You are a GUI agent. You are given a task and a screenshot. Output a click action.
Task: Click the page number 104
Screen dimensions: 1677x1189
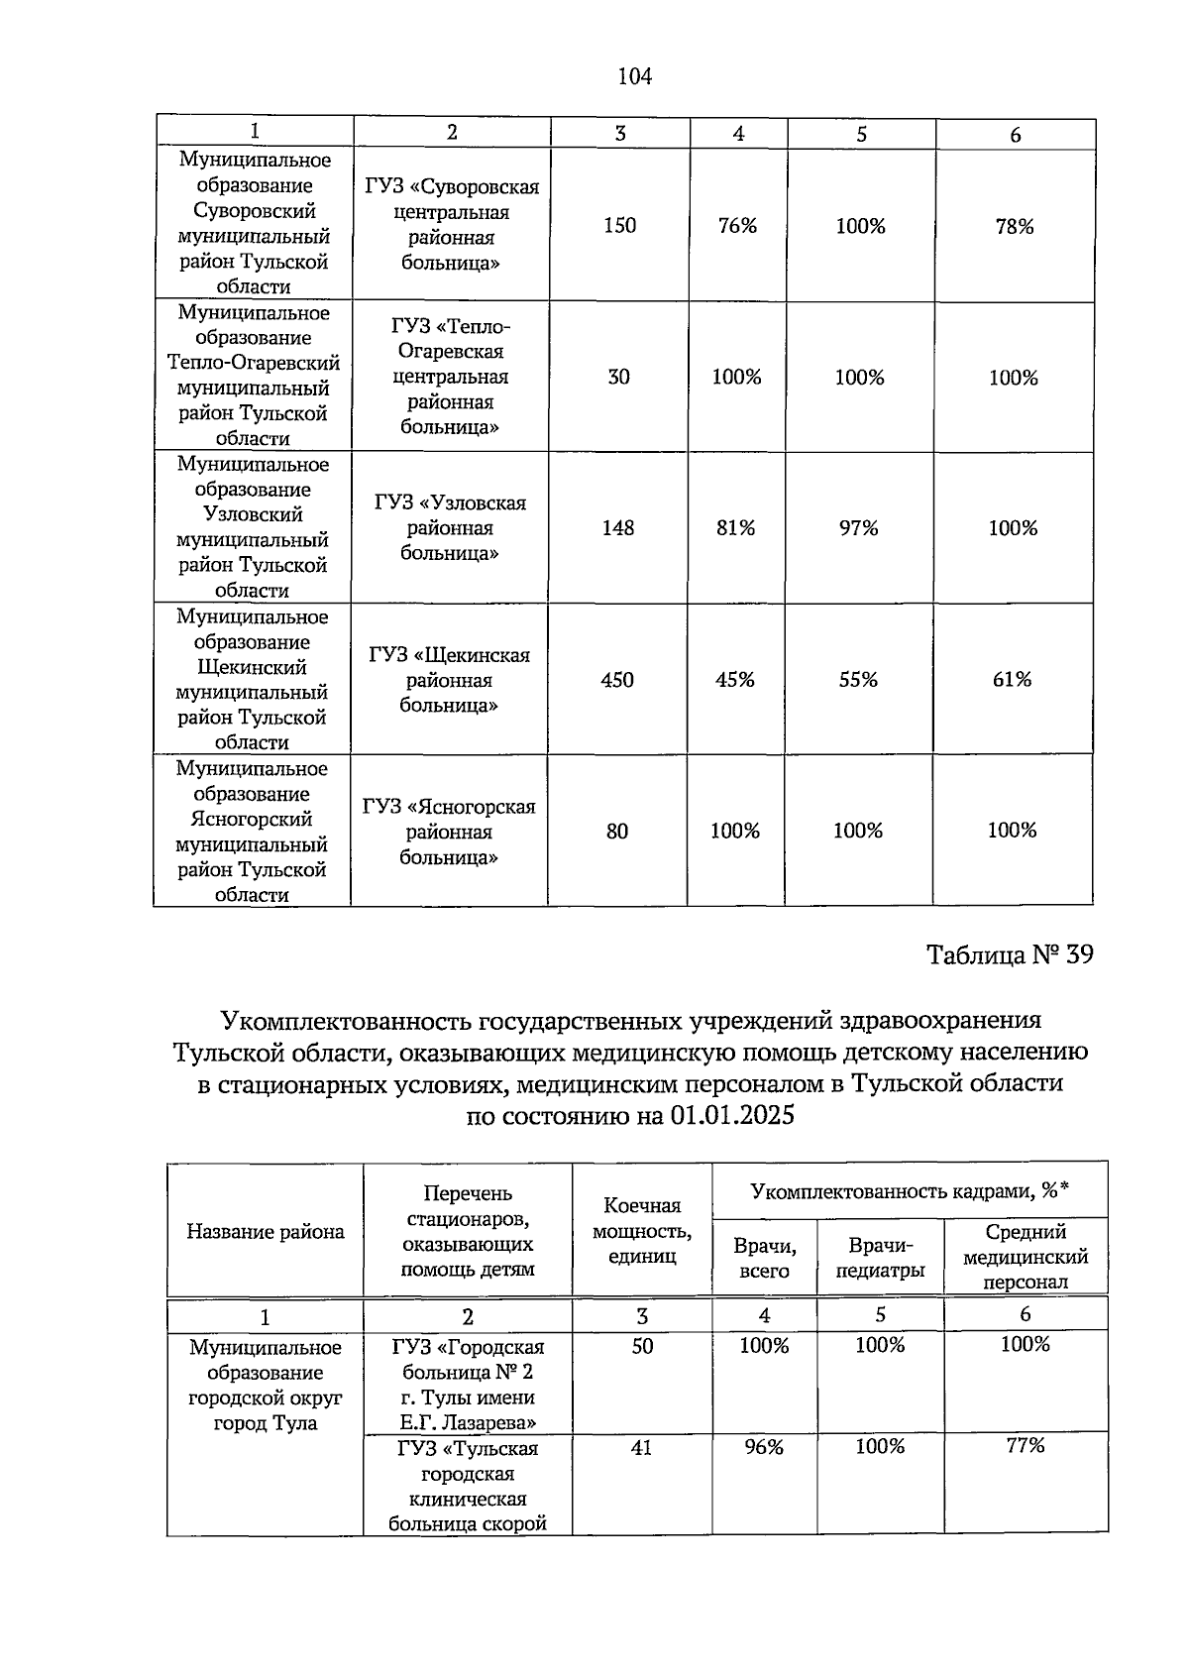(634, 76)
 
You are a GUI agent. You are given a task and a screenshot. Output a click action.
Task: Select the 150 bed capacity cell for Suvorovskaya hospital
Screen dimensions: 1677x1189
(619, 225)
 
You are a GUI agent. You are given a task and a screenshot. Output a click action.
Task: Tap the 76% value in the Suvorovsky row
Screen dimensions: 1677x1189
(737, 226)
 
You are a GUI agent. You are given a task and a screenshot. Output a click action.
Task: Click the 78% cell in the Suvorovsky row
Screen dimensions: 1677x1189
(1014, 227)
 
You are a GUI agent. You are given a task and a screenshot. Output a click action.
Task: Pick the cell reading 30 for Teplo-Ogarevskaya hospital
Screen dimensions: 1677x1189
(618, 377)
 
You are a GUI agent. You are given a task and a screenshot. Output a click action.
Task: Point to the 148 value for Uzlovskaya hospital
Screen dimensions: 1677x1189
(618, 528)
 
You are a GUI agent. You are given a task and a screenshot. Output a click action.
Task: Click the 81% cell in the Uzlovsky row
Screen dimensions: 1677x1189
(735, 528)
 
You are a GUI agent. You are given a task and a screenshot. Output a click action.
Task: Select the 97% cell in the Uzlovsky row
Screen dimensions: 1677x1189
(858, 528)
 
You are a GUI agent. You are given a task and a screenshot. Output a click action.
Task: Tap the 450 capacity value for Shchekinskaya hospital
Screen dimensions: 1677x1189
(617, 680)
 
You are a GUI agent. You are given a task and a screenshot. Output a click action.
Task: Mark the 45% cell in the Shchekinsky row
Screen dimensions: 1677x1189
(735, 680)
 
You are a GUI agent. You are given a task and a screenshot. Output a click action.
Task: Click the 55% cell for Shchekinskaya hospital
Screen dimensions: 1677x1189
(858, 680)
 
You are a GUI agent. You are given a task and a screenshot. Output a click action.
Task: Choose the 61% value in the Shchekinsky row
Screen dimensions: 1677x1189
(1012, 680)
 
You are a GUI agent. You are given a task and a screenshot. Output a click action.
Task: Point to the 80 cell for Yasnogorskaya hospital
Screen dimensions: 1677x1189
(617, 832)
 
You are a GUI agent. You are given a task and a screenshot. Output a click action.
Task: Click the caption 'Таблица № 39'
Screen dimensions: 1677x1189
(1010, 955)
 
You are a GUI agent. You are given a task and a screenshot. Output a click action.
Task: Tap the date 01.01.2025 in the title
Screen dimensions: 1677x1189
(732, 1116)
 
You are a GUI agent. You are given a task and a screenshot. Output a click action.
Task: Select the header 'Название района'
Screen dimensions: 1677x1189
(266, 1232)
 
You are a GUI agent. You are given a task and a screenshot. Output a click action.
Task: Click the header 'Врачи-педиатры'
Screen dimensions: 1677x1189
(880, 1258)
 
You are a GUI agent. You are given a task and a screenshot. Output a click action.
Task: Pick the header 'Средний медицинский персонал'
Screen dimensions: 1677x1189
(1025, 1257)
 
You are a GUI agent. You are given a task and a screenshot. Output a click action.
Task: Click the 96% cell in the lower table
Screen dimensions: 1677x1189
(764, 1447)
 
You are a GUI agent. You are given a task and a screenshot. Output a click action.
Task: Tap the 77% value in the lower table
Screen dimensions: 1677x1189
(1025, 1445)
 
